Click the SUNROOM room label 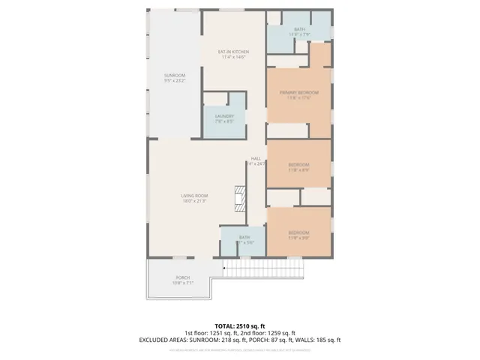coord(175,76)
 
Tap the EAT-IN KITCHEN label coord(233,52)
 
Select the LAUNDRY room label coord(224,116)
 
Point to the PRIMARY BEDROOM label coord(299,92)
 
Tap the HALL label coord(255,158)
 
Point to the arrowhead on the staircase coord(223,266)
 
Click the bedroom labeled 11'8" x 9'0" coord(299,232)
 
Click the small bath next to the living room coord(244,239)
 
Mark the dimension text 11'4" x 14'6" coord(233,57)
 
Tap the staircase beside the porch coord(262,266)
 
